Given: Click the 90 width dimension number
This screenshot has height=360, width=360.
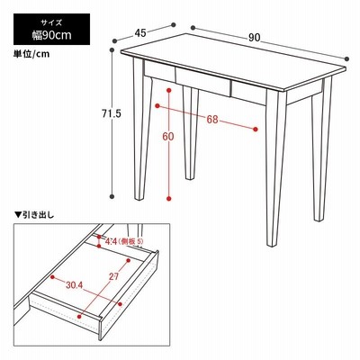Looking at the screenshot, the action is click(254, 37).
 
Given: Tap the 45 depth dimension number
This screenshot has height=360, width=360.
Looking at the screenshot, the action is click(140, 33).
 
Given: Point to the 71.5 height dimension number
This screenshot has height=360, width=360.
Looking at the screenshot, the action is click(112, 113).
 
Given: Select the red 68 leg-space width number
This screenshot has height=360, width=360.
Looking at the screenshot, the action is click(212, 120).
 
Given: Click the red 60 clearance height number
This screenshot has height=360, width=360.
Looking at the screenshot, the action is click(168, 137).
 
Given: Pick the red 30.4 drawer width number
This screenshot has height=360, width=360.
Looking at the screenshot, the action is click(74, 285).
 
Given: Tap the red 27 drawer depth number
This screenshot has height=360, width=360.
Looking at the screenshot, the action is click(113, 276).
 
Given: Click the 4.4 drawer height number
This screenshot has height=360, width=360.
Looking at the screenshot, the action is click(111, 241).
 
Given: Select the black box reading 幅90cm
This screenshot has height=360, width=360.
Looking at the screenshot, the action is click(51, 29).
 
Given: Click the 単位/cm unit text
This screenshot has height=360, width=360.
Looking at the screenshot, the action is click(31, 54).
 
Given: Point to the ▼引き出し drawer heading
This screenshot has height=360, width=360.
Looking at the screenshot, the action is click(34, 215).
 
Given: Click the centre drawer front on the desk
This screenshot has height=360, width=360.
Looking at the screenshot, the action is click(203, 82).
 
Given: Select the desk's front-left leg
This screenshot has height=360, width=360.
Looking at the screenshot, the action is click(142, 129).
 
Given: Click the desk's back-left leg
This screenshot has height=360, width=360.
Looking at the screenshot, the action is click(191, 133).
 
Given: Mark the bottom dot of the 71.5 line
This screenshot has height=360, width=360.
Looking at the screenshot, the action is click(112, 197).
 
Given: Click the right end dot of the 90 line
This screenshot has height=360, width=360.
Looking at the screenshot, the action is click(347, 58).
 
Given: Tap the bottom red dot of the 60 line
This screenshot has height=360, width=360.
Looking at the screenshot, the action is click(169, 198).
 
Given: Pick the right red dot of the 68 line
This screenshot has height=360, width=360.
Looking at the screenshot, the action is click(256, 130).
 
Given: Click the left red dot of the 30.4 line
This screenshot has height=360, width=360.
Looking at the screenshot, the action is click(52, 276).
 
